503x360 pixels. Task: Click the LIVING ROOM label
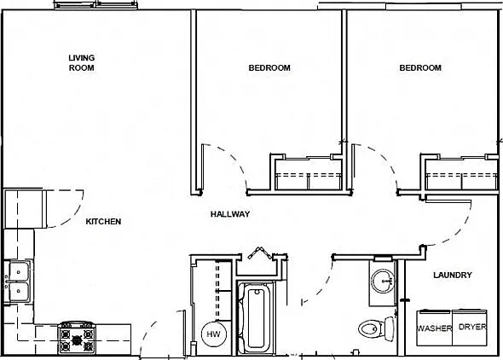point(82,63)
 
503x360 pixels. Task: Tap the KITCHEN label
point(103,222)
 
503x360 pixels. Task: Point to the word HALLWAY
point(230,214)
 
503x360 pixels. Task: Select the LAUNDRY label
point(453,275)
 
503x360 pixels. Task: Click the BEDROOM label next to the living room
point(269,67)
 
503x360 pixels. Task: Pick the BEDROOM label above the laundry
point(420,67)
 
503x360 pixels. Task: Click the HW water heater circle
point(214,334)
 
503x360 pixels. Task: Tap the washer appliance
point(434,328)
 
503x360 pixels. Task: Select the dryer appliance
point(470,328)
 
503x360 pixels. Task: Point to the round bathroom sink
point(383,281)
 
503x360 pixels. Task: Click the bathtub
point(257,318)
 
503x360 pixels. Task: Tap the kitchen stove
point(77,338)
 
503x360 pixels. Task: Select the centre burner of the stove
point(77,340)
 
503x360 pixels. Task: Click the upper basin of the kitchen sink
point(19,272)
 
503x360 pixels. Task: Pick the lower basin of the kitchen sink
point(19,292)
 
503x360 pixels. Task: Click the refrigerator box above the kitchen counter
point(24,208)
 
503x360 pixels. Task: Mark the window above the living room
point(96,5)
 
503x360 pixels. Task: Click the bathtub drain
point(257,292)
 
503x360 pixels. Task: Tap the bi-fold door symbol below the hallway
point(261,253)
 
